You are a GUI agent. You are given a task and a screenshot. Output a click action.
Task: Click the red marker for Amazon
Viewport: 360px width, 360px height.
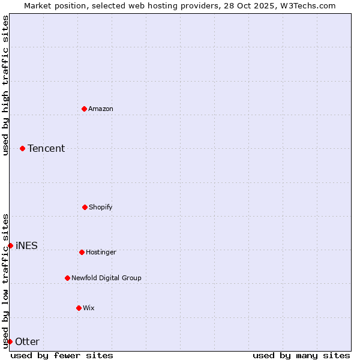(84, 109)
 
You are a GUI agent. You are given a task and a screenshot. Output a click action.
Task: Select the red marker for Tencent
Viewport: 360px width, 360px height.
(22, 148)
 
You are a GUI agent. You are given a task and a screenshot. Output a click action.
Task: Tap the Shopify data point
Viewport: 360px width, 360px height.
(85, 207)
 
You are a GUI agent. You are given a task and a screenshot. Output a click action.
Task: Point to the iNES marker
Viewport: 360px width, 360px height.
(10, 245)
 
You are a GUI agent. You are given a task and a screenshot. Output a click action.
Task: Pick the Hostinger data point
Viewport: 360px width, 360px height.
(82, 252)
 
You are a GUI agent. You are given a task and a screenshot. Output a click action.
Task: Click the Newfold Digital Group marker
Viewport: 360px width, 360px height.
(67, 278)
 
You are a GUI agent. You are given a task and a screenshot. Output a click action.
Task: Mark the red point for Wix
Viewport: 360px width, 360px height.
(79, 308)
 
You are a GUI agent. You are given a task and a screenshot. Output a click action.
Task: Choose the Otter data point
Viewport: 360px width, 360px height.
(10, 341)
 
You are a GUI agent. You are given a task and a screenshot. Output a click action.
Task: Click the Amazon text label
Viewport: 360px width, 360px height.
(101, 109)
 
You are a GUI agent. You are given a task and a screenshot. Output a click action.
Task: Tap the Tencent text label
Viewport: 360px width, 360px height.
(46, 148)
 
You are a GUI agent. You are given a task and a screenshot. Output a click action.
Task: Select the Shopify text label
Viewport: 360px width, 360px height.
(101, 207)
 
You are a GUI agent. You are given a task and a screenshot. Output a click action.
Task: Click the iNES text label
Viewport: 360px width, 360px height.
(26, 245)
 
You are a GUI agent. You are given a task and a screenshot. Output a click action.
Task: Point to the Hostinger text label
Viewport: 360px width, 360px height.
(101, 252)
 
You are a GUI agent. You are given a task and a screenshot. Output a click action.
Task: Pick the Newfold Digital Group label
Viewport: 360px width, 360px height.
(106, 278)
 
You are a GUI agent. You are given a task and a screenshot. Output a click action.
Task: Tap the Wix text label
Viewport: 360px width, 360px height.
(89, 308)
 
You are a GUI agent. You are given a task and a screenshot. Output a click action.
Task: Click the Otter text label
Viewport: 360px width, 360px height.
(27, 341)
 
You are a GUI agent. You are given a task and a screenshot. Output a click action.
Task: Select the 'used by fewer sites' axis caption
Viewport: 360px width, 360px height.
(62, 355)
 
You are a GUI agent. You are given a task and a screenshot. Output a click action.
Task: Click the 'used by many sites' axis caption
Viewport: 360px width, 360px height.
(301, 355)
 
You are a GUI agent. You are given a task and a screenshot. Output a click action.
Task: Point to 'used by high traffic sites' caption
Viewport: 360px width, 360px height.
(5, 85)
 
